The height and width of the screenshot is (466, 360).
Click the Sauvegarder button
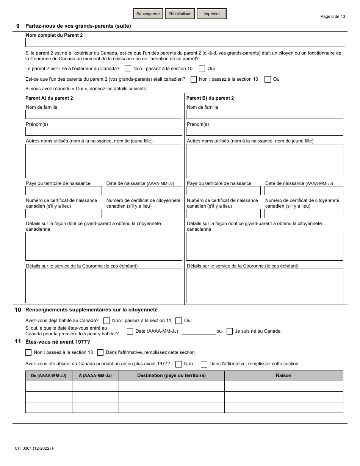148,14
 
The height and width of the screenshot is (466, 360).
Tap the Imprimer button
211,14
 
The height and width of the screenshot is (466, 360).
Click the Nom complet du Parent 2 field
185,42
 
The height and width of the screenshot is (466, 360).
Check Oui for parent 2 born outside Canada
202,69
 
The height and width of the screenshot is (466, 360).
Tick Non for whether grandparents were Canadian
194,79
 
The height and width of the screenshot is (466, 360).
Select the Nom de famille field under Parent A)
103,114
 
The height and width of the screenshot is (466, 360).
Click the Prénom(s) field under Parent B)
265,131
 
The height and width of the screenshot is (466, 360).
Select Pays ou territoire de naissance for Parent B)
223,191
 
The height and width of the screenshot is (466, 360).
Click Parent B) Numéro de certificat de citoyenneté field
304,213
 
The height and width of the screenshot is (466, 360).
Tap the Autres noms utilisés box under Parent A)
103,161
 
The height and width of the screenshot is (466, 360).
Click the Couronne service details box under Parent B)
265,286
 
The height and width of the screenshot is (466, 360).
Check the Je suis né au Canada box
230,331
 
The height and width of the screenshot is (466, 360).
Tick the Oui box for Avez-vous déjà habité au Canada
179,321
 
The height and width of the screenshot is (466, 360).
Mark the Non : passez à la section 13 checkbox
28,352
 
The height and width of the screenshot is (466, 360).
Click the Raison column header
283,375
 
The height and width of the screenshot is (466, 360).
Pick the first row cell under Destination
171,386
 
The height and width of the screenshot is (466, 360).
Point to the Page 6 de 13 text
333,16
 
